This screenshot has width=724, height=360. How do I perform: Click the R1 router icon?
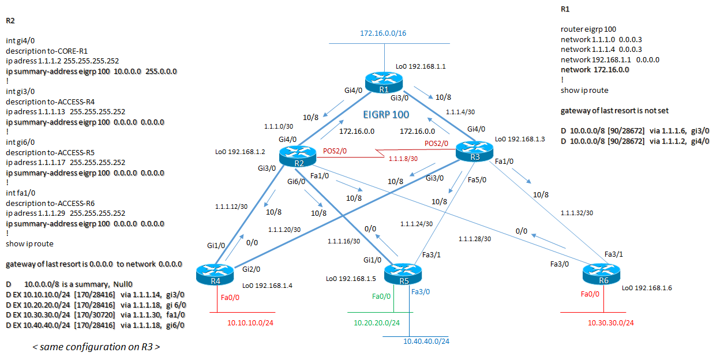(384, 84)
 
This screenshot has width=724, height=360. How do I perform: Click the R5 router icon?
(404, 274)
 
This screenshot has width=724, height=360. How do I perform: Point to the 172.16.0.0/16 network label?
(383, 33)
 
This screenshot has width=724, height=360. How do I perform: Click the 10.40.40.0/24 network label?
(426, 342)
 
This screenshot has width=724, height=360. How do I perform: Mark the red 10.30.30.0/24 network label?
(610, 322)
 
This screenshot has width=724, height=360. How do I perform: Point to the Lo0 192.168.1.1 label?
(421, 67)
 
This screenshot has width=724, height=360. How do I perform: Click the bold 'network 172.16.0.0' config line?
(595, 69)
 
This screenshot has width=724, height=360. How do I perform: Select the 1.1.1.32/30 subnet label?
(577, 212)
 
